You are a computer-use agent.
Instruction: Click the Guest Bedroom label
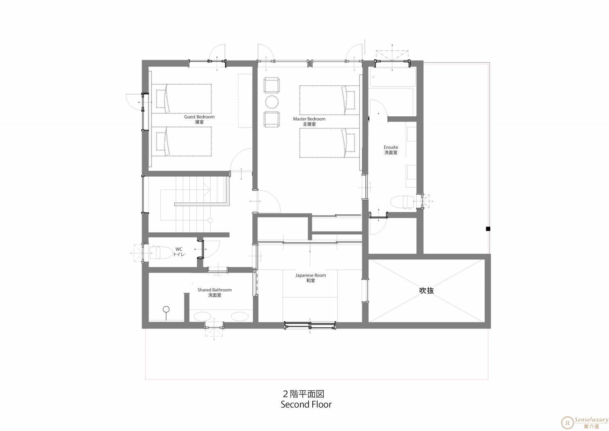tap(199, 117)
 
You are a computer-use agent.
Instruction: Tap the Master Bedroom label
tap(309, 119)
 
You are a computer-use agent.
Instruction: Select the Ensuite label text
tap(391, 147)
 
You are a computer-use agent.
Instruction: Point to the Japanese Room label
tap(311, 275)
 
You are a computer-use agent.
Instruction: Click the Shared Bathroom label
tap(214, 290)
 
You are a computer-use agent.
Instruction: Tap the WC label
tap(179, 249)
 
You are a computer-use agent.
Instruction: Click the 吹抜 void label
tap(426, 291)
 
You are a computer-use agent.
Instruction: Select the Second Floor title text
tap(306, 405)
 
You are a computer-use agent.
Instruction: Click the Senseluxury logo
tap(584, 423)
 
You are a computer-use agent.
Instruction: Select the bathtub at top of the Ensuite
tap(392, 77)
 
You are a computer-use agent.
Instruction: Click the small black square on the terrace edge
tap(488, 229)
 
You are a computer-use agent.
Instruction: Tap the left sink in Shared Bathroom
tap(202, 316)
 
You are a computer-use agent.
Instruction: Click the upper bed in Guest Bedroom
tap(181, 98)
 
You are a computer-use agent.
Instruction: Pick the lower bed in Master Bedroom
tap(329, 143)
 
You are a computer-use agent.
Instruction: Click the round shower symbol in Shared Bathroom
tap(166, 309)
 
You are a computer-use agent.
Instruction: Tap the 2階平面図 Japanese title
tap(304, 394)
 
